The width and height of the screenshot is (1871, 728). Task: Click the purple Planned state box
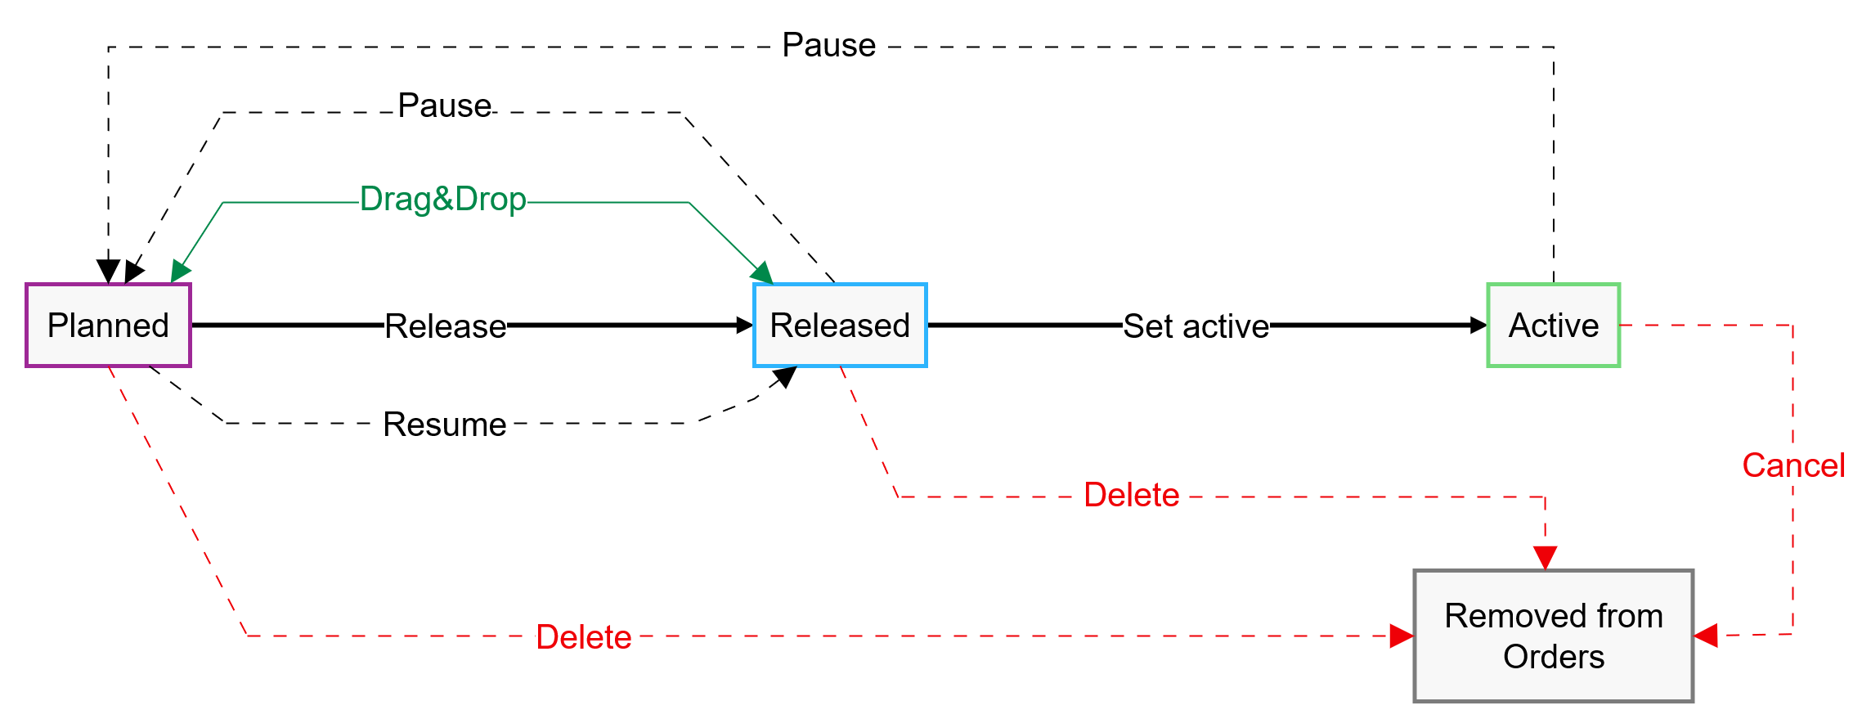[x=108, y=326]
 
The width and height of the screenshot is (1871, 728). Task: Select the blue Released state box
[x=840, y=326]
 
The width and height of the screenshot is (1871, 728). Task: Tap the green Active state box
[x=1553, y=326]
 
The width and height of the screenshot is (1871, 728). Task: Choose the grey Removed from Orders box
[x=1553, y=636]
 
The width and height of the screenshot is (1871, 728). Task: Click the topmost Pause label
[x=828, y=45]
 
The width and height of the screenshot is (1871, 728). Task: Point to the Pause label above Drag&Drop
[x=444, y=106]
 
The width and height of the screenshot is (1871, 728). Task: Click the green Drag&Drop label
[x=442, y=199]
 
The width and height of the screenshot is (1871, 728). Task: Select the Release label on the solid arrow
[x=445, y=326]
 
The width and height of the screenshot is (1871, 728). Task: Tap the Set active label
[x=1196, y=326]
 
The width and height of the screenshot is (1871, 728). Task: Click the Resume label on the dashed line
[x=444, y=425]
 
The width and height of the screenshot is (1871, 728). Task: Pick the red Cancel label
[x=1793, y=465]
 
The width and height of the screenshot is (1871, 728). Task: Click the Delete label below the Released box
[x=1131, y=495]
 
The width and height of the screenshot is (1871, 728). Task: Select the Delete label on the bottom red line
[x=583, y=637]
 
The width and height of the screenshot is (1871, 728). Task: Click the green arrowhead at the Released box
[x=763, y=274]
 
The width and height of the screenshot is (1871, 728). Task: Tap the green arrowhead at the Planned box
[x=180, y=272]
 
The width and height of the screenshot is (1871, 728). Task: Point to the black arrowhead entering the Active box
[x=1478, y=326]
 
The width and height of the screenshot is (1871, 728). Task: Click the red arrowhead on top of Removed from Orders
[x=1545, y=558]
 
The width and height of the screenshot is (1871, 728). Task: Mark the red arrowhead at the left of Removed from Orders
[x=1402, y=636]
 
